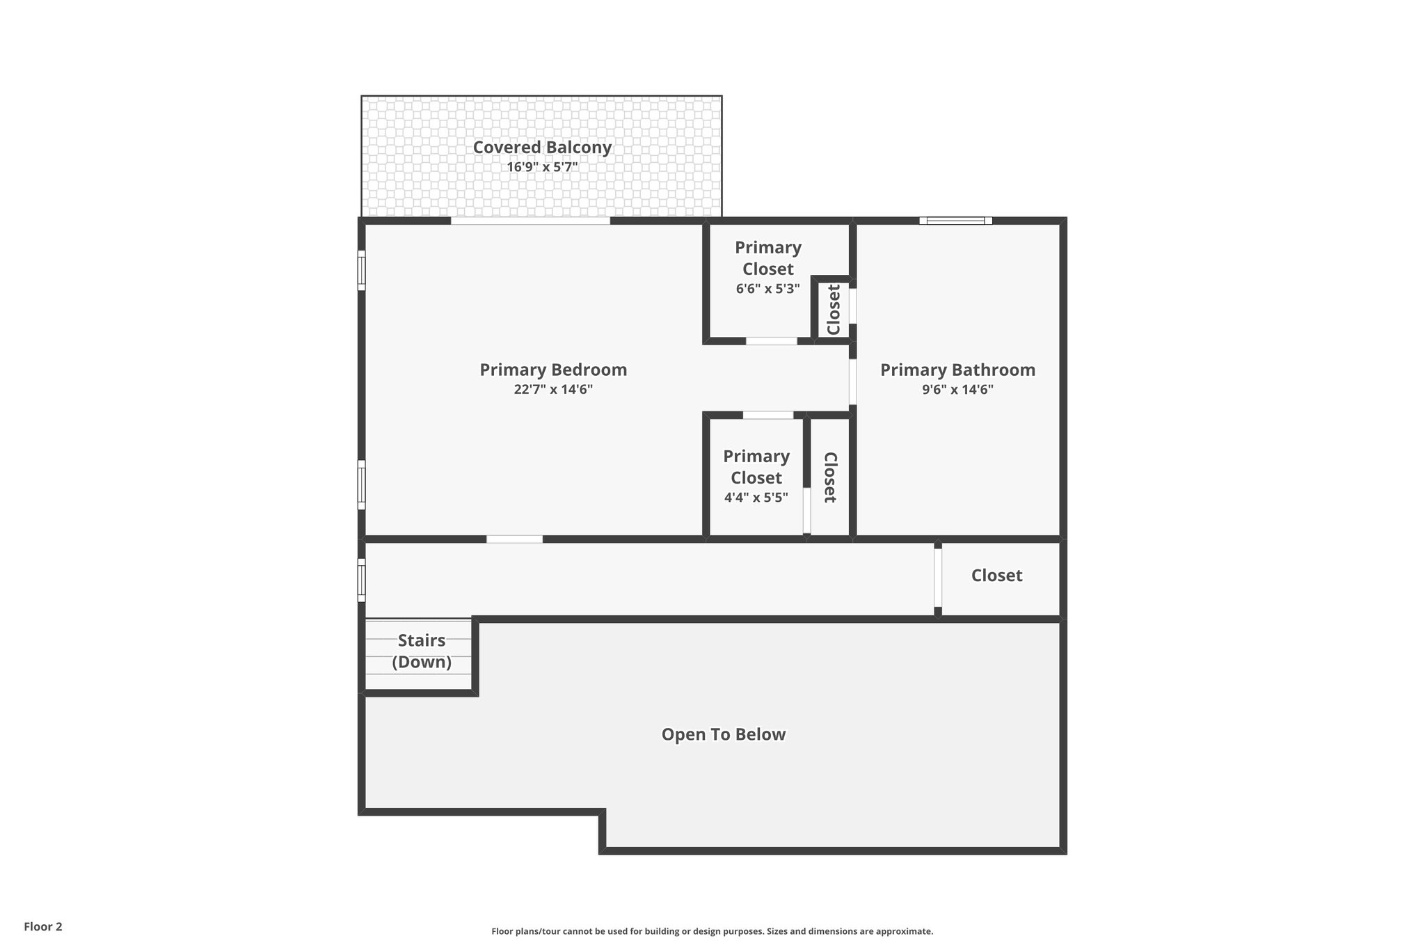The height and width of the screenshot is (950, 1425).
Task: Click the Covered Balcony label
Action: click(542, 148)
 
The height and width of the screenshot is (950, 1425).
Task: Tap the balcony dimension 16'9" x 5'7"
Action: click(542, 167)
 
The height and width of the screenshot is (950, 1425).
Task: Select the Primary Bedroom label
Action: click(553, 370)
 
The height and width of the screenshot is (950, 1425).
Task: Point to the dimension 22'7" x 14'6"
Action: click(553, 389)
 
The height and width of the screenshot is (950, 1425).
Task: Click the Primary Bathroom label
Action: click(957, 370)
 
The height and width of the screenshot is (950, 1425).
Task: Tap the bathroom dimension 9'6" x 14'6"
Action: click(957, 389)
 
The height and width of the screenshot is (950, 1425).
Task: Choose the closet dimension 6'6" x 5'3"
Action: click(767, 288)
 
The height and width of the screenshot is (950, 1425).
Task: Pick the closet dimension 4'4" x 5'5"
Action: click(756, 497)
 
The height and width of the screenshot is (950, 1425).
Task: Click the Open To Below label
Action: click(723, 734)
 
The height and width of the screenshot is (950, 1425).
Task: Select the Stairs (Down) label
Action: click(421, 651)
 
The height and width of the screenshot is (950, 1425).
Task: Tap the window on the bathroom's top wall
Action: click(955, 221)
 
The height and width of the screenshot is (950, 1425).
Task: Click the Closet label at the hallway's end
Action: click(996, 576)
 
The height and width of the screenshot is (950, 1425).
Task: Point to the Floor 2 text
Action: click(43, 926)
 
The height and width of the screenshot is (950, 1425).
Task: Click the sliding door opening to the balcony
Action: click(530, 221)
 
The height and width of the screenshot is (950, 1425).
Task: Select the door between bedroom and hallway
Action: click(514, 539)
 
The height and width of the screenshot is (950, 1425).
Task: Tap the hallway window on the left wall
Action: click(361, 580)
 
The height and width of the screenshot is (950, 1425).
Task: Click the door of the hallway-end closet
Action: click(937, 578)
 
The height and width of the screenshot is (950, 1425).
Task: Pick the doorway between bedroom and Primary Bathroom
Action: click(852, 381)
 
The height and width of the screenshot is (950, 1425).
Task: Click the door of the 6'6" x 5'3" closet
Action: click(771, 341)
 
